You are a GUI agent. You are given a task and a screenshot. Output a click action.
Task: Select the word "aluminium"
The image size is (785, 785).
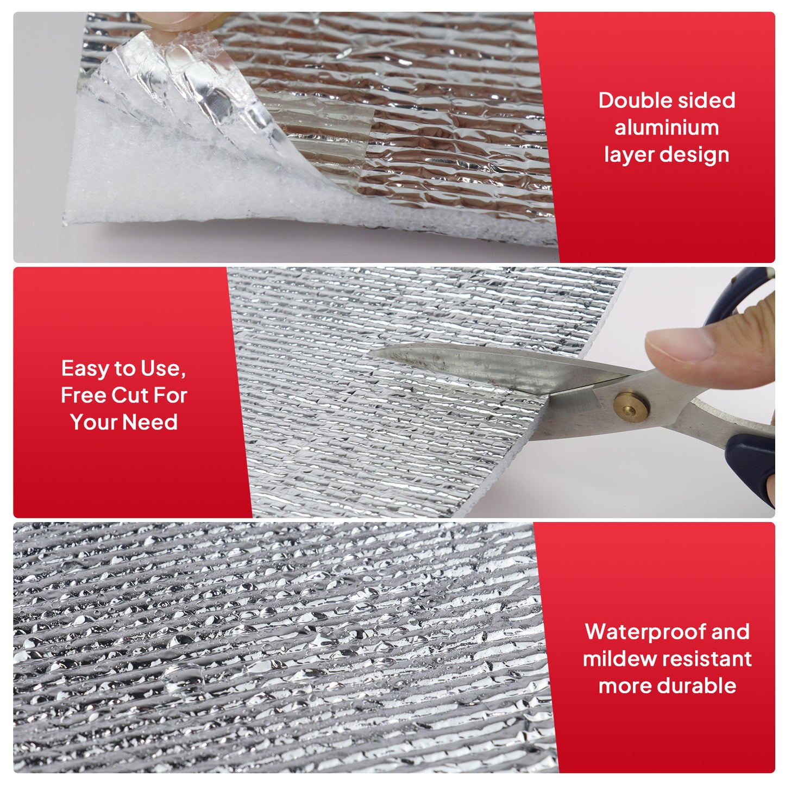coord(667,128)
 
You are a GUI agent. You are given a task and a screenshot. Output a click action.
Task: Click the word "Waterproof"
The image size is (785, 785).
coord(645,632)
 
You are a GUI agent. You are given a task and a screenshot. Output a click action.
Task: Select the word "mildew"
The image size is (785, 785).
coord(619,659)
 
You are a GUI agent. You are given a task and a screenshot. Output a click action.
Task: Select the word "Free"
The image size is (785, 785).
coord(84,395)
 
